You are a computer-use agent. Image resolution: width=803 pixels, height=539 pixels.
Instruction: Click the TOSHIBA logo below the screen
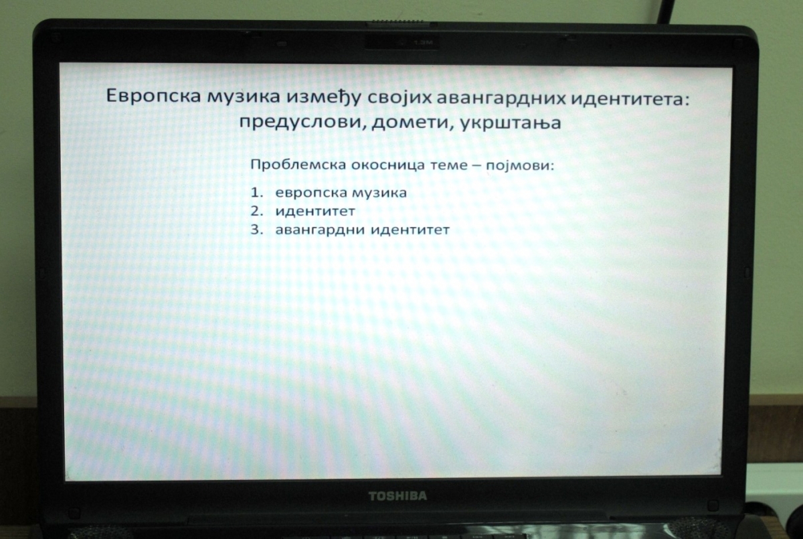[397, 496]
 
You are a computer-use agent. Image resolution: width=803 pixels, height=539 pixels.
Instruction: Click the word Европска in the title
[153, 96]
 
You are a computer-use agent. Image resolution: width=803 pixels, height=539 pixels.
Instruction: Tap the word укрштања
[511, 123]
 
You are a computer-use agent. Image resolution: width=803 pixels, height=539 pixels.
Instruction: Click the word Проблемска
[298, 165]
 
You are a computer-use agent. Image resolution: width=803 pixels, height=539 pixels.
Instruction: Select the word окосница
[388, 165]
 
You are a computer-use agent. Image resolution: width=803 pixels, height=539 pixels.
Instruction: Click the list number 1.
[257, 193]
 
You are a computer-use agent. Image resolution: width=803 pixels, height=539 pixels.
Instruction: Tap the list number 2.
[257, 211]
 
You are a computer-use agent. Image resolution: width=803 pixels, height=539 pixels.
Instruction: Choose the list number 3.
[257, 230]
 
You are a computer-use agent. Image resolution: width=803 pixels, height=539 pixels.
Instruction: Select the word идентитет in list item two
[315, 211]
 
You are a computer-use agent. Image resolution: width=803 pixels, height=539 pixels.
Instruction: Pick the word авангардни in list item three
[320, 230]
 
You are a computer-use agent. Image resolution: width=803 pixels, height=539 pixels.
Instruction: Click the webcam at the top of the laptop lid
[401, 43]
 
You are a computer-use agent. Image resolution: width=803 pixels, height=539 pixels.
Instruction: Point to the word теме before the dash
[448, 165]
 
